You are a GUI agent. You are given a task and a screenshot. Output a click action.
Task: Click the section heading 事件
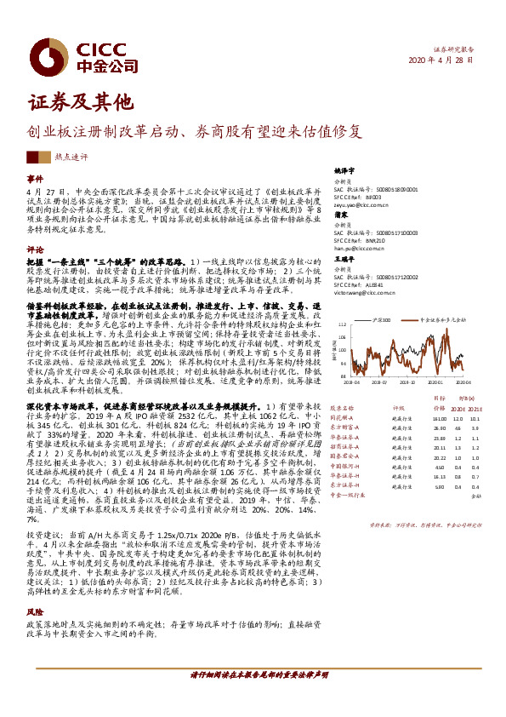pos(34,180)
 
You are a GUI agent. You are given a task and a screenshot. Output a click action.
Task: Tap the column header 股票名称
pos(341,408)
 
